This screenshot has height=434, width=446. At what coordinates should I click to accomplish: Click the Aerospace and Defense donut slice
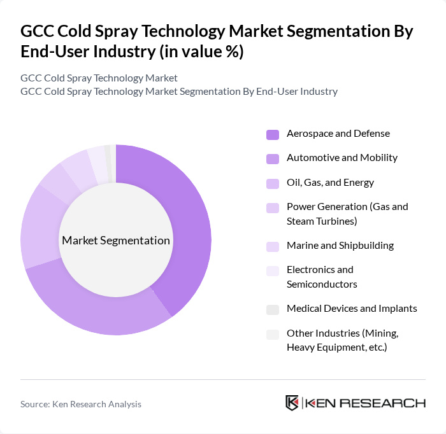pyautogui.click(x=191, y=223)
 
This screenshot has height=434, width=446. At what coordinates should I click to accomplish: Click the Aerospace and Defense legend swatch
pyautogui.click(x=273, y=134)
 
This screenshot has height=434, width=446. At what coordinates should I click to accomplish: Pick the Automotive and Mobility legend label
pyautogui.click(x=342, y=157)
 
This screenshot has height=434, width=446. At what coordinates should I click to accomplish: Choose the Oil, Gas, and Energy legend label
pyautogui.click(x=330, y=183)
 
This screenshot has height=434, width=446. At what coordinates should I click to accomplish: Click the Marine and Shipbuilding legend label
pyautogui.click(x=340, y=245)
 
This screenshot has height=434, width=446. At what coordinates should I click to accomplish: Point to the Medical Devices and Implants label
pyautogui.click(x=352, y=308)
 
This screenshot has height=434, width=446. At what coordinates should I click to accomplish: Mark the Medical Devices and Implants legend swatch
pyautogui.click(x=273, y=309)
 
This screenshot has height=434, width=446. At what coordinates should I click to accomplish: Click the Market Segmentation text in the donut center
pyautogui.click(x=116, y=241)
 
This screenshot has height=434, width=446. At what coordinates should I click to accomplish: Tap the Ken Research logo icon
pyautogui.click(x=292, y=403)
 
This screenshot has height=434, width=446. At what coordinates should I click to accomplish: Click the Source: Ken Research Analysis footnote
pyautogui.click(x=81, y=404)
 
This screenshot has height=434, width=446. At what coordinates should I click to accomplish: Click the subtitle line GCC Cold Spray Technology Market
pyautogui.click(x=99, y=78)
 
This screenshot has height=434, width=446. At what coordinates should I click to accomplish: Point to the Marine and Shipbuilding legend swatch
pyautogui.click(x=273, y=246)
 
